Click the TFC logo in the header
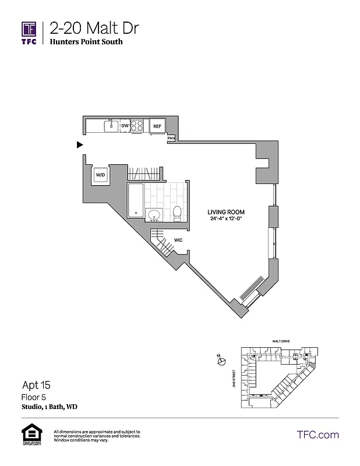click(x=29, y=33)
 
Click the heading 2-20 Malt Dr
click(x=94, y=28)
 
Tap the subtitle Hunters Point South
click(x=86, y=42)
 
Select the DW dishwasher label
click(x=125, y=126)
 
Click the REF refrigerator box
click(x=157, y=126)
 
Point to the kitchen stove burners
click(x=137, y=126)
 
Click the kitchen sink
click(x=111, y=125)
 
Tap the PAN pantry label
click(x=171, y=139)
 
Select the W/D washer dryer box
click(x=100, y=175)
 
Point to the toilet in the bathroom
click(x=178, y=213)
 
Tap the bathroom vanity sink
click(x=154, y=216)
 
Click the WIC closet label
click(x=177, y=239)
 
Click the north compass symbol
click(x=221, y=362)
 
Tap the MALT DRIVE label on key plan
click(x=274, y=343)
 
